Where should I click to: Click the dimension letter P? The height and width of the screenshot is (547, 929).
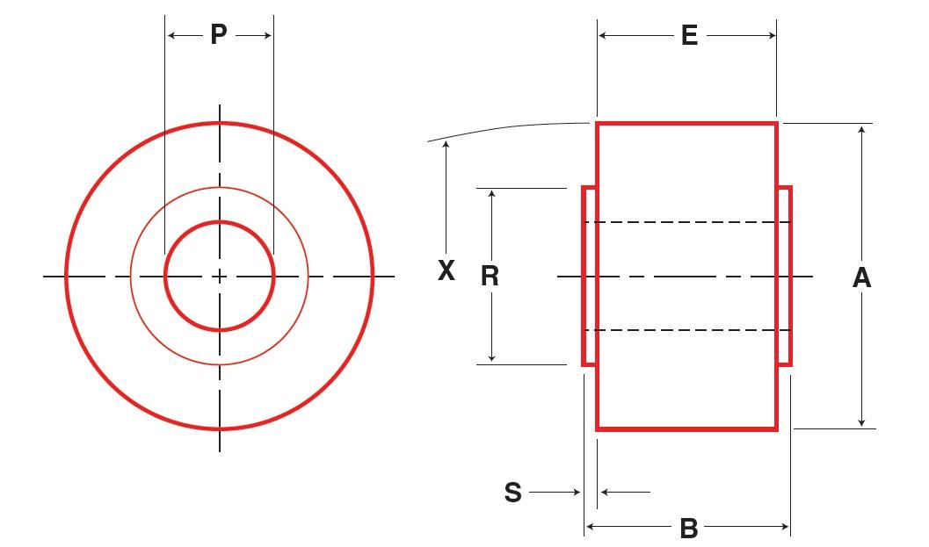(219, 35)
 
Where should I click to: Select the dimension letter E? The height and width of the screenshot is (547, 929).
(689, 35)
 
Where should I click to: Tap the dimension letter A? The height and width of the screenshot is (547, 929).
(861, 277)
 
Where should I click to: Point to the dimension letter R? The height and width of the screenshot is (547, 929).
(490, 276)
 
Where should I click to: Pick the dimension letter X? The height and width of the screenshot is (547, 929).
(446, 271)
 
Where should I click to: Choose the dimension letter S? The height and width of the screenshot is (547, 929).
(513, 493)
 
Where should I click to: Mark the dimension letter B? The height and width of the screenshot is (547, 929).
(689, 528)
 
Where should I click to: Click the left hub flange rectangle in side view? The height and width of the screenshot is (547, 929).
(590, 276)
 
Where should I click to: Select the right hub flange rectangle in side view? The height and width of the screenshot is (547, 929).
(784, 276)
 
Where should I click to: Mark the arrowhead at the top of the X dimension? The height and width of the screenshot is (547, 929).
(446, 147)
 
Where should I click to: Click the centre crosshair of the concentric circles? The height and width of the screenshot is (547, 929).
(220, 277)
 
